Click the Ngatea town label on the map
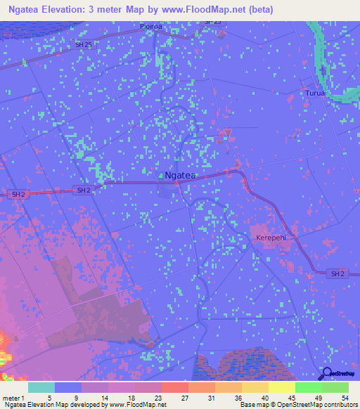coord(180,176)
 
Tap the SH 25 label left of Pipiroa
coord(83,44)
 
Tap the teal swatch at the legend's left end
coord(41,387)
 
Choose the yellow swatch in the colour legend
coord(281,387)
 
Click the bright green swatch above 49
coord(308,387)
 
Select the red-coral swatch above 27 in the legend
coord(174,387)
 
